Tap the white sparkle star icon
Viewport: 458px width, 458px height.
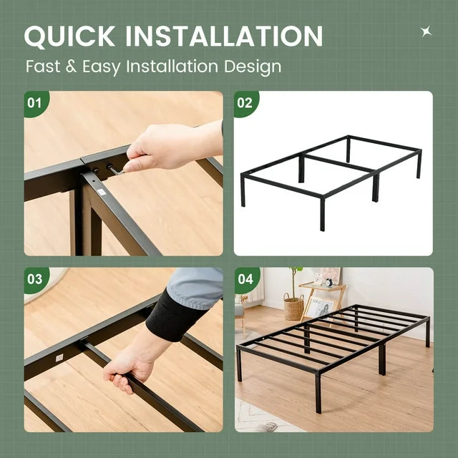(x=426, y=31)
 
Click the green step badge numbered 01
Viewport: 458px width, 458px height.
(x=34, y=102)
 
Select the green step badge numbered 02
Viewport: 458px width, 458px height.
(x=245, y=102)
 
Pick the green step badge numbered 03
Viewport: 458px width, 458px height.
(x=34, y=279)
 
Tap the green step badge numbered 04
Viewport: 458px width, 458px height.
(x=245, y=279)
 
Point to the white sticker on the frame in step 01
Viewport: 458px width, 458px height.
(x=102, y=191)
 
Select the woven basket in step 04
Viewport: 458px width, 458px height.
(x=293, y=308)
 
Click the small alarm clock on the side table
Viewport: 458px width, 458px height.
(x=329, y=281)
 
